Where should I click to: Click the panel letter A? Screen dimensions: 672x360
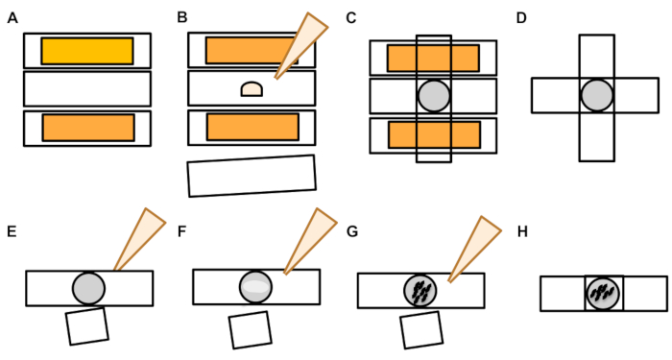click(x=12, y=18)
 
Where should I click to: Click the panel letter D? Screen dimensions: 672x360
click(x=521, y=18)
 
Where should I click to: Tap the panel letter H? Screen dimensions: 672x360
click(x=522, y=231)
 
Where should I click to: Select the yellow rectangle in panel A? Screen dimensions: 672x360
click(x=87, y=51)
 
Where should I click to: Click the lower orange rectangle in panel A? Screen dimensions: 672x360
click(x=88, y=128)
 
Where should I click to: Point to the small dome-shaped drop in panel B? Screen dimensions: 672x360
click(x=252, y=89)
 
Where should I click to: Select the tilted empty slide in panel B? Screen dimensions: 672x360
click(x=252, y=176)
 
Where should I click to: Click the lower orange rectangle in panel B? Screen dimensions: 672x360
click(x=252, y=127)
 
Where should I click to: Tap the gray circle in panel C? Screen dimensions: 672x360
click(x=434, y=96)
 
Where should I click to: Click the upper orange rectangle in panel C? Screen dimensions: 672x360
click(x=433, y=59)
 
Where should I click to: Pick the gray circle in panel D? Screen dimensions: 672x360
click(x=597, y=96)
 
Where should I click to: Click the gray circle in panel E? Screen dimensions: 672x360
click(x=88, y=288)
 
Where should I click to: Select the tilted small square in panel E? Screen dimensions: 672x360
click(x=87, y=326)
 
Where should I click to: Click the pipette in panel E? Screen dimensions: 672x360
click(x=139, y=239)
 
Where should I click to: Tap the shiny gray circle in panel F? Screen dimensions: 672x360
click(x=255, y=287)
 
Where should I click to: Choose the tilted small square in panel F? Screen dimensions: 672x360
click(x=250, y=330)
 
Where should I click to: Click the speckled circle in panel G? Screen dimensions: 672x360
click(x=420, y=291)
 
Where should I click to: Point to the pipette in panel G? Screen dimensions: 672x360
click(x=474, y=249)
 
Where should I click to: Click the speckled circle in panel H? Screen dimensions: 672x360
click(x=604, y=294)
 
